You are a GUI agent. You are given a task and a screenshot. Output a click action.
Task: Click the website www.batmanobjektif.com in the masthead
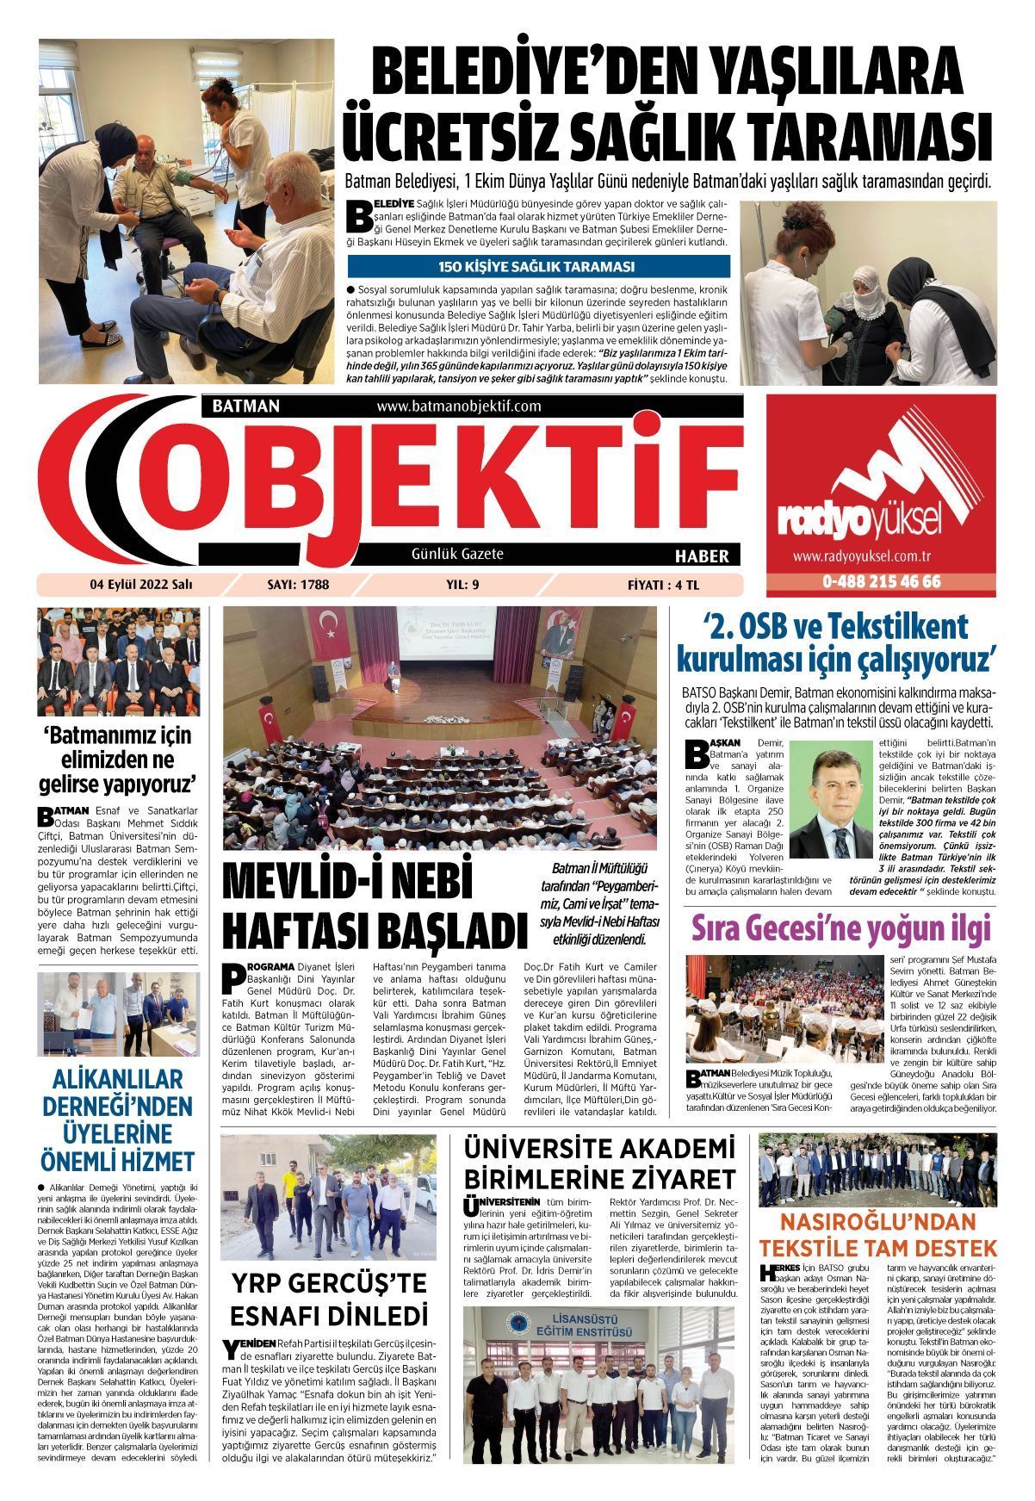point(459,406)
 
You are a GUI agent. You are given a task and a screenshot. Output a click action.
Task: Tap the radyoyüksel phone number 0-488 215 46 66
point(880,581)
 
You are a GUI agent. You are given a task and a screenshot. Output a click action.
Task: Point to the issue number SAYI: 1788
point(299,585)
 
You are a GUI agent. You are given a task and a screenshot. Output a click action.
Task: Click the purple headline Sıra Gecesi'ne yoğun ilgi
point(842,929)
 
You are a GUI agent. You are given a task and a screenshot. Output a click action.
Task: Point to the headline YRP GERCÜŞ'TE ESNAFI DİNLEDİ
point(329,1299)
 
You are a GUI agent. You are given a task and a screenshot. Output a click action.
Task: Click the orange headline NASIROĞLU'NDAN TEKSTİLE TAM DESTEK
point(877,1234)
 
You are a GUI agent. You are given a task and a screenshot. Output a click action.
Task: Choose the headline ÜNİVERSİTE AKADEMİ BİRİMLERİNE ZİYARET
point(599,1163)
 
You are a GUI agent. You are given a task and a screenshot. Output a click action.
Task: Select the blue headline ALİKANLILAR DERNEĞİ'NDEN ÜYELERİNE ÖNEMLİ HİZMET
point(119,1119)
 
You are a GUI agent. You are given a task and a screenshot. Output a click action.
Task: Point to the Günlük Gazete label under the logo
point(457,554)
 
